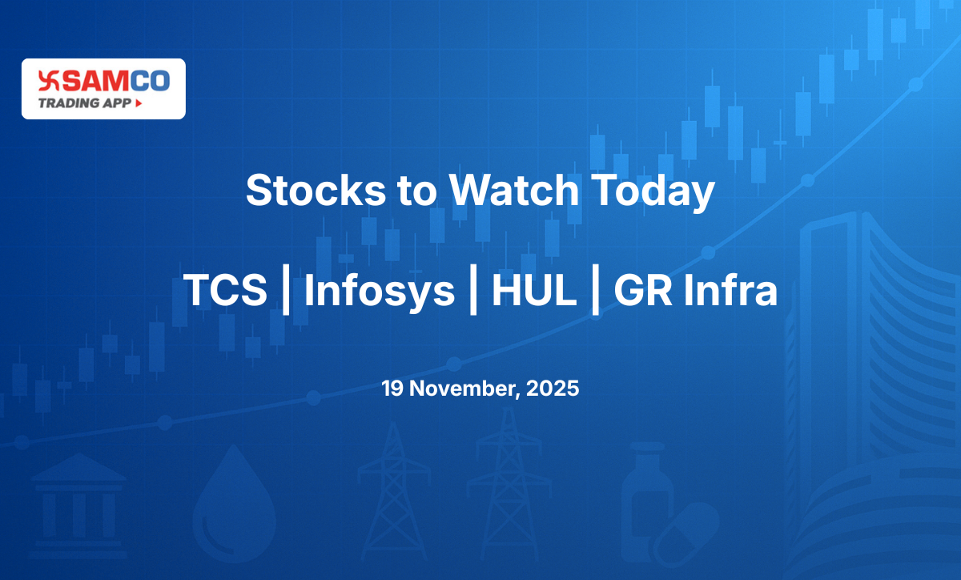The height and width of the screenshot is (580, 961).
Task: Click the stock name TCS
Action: (225, 290)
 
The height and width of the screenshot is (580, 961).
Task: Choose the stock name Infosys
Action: (380, 290)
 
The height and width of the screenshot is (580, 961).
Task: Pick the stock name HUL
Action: (533, 290)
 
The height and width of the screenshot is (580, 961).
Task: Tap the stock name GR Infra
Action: (695, 290)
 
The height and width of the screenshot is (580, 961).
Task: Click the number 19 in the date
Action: (392, 389)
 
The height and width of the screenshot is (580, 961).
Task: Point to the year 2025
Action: (553, 389)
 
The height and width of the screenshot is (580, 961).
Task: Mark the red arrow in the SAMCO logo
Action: (139, 103)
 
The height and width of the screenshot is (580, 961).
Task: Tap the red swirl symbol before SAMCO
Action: (49, 81)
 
